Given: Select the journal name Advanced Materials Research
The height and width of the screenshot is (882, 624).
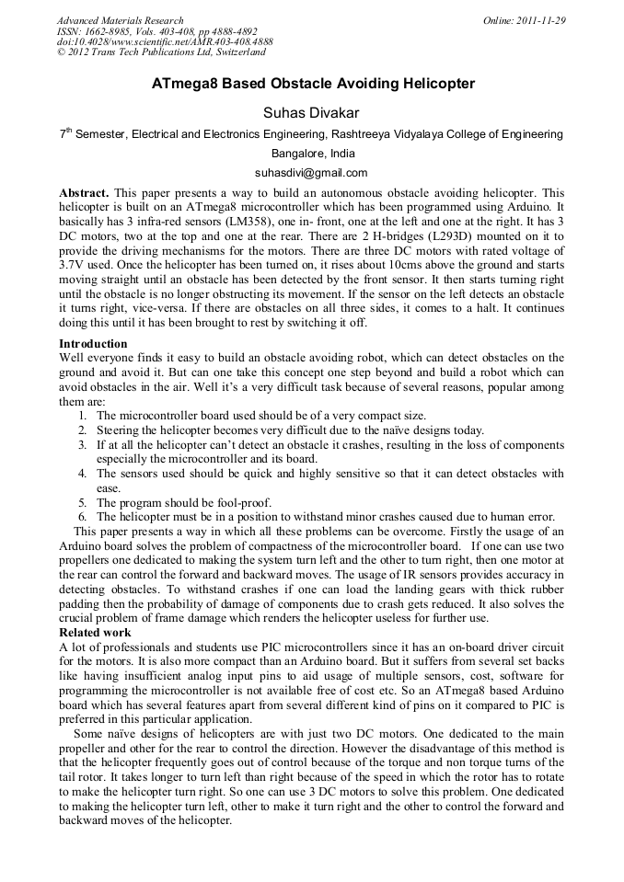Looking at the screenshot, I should [120, 20].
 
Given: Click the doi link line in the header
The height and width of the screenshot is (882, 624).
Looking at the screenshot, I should [165, 41].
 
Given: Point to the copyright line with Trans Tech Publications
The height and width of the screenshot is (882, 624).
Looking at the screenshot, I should [161, 52].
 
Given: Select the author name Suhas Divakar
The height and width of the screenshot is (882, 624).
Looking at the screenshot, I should [311, 112].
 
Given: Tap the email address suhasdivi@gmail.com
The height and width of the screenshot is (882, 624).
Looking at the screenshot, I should [311, 173].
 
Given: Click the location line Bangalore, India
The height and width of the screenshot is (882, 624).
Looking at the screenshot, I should [312, 154].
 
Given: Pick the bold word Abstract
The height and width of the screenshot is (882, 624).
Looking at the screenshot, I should [84, 193].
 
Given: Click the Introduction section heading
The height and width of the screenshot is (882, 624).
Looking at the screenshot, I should [93, 344].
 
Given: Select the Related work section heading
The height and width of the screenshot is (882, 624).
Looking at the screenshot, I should [95, 633].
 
